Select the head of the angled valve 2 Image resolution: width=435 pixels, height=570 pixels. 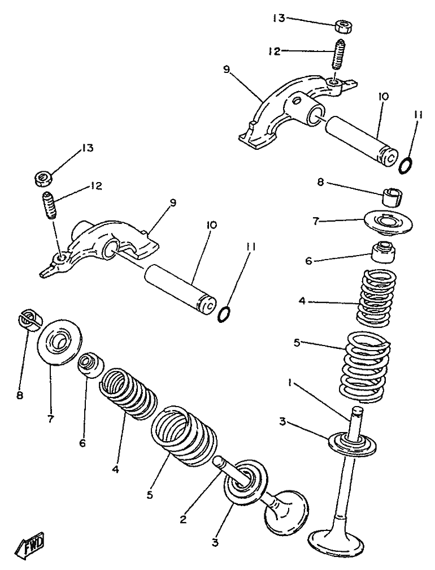click(288, 511)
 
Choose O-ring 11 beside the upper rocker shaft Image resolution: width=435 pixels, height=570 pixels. click(406, 165)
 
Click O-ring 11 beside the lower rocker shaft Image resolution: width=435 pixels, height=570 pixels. click(224, 313)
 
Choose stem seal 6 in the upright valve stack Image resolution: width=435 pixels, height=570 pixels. click(382, 252)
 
